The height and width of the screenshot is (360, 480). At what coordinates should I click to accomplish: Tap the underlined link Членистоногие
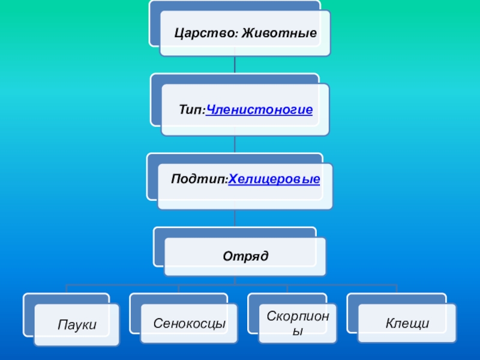click(259, 110)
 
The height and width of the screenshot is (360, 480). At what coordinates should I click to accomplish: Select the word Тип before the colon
click(190, 110)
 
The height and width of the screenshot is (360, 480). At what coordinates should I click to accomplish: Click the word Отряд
click(245, 256)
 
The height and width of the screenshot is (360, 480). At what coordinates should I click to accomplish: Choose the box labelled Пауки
click(77, 325)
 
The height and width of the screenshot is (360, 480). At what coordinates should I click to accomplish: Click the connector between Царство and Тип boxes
click(235, 65)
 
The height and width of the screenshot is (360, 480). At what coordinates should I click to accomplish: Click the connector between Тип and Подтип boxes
click(235, 144)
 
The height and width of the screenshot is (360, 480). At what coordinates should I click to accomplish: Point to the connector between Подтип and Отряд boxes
click(235, 218)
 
